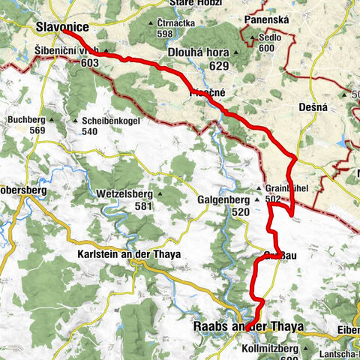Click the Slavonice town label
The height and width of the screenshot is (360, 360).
(61, 28)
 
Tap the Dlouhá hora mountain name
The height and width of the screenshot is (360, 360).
(202, 52)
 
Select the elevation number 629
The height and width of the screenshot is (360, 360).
(219, 67)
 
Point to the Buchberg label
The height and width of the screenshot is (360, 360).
(27, 119)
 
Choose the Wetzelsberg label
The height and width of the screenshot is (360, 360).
(124, 194)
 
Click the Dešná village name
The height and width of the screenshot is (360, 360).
(313, 108)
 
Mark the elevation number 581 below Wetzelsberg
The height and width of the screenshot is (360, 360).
(144, 206)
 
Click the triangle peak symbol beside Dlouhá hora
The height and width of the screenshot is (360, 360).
(238, 52)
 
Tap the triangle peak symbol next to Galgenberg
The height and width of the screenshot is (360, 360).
(256, 200)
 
